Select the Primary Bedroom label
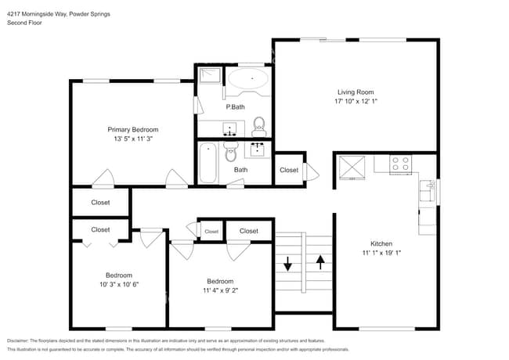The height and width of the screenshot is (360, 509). pos(133,130)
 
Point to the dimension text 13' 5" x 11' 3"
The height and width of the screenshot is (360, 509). pos(133,139)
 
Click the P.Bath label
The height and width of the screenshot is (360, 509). pos(233,106)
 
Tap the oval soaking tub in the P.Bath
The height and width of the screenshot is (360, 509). pos(248,78)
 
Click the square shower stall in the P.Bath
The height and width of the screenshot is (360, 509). pos(209,77)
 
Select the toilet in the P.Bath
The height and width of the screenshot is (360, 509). pos(258,125)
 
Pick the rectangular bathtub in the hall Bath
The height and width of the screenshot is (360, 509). pos(208,163)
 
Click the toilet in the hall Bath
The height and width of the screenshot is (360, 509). pos(230,150)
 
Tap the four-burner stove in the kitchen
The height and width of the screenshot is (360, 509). pos(400,164)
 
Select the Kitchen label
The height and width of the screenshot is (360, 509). pos(381,244)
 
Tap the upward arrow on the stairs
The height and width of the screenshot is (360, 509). pos(319,262)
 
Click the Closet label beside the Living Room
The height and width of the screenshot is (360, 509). pos(289,170)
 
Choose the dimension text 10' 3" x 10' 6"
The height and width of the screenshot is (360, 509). pos(119,285)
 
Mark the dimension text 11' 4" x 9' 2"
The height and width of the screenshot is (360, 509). pos(220,291)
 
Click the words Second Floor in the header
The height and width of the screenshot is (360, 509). pos(25,23)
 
